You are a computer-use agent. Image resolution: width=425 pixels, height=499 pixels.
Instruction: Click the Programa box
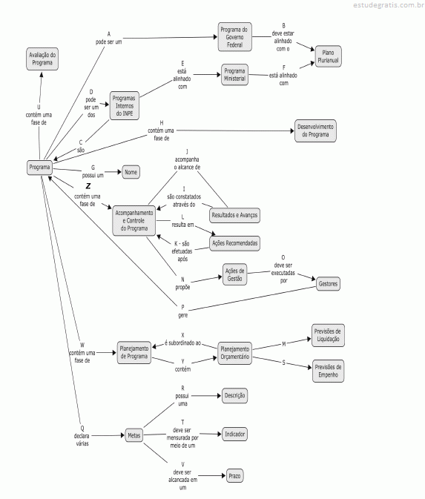point(39,168)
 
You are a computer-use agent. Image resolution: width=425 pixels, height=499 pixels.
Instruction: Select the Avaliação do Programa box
point(42,59)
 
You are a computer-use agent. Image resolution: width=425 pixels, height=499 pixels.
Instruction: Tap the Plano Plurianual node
point(328,56)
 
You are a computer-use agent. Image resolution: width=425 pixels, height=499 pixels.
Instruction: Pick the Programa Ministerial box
point(234,75)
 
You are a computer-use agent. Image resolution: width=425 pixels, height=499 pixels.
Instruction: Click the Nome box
point(131,172)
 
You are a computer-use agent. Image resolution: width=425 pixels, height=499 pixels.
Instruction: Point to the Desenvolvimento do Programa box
point(315,130)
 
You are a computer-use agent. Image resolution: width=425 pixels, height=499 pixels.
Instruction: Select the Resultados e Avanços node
point(234,215)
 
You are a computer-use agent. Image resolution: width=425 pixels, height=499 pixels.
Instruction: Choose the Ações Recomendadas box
point(234,243)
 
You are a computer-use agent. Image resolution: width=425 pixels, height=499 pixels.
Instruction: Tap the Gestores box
point(328,284)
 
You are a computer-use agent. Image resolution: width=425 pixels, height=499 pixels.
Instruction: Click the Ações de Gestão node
point(234,274)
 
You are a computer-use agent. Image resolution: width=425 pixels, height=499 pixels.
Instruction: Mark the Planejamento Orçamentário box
point(234,353)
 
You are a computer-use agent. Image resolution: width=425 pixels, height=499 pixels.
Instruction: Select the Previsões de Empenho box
point(328,371)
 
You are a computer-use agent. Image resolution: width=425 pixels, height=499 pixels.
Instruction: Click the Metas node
point(134,435)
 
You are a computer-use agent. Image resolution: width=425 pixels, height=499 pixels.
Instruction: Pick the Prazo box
point(234,476)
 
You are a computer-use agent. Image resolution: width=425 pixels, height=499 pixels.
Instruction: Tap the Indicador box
point(234,434)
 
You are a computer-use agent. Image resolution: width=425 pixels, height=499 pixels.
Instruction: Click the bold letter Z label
point(88,186)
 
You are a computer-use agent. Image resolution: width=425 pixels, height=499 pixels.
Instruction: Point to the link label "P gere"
point(182,311)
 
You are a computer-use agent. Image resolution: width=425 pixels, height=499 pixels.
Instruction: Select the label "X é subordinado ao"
point(182,340)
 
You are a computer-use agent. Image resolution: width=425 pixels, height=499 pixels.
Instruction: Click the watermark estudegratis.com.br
point(389,4)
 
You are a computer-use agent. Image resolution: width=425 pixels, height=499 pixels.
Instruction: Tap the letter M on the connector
point(284,344)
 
